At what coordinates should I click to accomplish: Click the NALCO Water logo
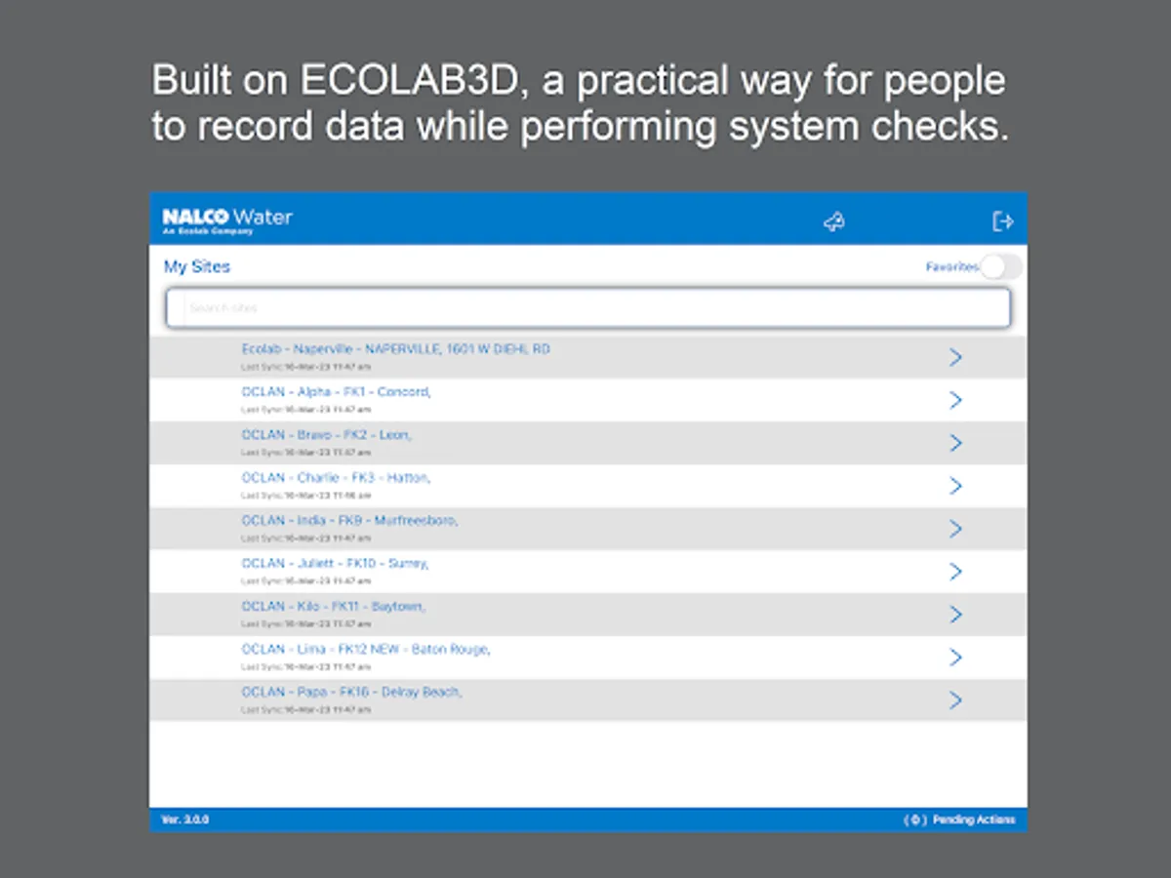[227, 220]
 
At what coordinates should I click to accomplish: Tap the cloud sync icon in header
[833, 222]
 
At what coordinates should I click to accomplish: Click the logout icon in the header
[1002, 222]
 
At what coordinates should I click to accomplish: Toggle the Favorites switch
[1001, 267]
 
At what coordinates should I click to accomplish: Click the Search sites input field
[587, 308]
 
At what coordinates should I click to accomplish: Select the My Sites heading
[197, 266]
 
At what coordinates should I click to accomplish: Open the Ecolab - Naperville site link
[395, 349]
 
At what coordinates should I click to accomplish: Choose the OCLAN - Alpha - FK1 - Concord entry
[336, 392]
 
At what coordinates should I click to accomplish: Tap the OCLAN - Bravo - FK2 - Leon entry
[326, 435]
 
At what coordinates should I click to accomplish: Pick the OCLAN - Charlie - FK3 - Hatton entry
[336, 478]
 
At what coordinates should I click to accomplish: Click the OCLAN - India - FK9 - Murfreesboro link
[349, 521]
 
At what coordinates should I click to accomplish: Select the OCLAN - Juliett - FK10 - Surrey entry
[335, 564]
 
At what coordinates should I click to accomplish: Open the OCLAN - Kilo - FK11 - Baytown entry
[333, 607]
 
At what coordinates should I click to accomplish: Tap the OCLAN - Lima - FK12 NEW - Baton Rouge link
[365, 650]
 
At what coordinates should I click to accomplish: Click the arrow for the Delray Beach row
[955, 700]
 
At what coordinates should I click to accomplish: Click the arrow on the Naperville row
[955, 357]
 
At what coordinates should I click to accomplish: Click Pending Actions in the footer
[973, 819]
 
